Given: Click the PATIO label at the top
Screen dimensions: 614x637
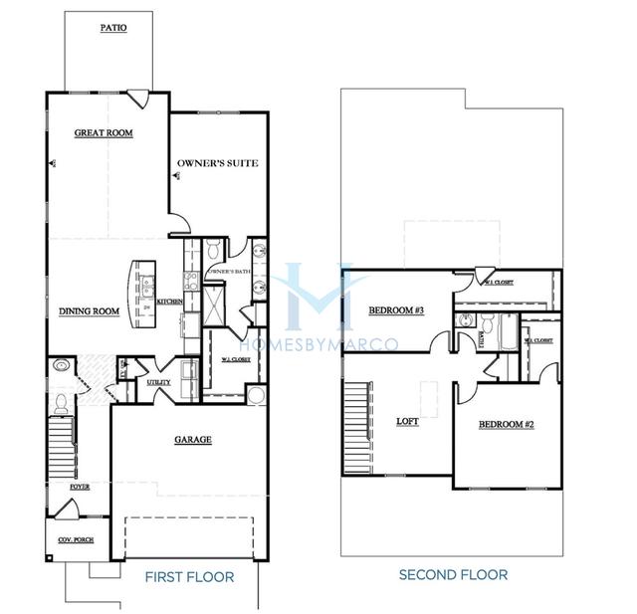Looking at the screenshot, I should pyautogui.click(x=112, y=29).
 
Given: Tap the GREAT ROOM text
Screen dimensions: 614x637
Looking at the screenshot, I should pyautogui.click(x=104, y=132).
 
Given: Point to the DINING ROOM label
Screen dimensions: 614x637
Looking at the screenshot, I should pyautogui.click(x=89, y=311).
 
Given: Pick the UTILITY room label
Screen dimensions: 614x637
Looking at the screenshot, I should pyautogui.click(x=158, y=382).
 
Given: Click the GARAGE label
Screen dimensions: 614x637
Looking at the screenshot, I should pyautogui.click(x=193, y=439).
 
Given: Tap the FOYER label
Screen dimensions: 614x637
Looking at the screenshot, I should pyautogui.click(x=80, y=488).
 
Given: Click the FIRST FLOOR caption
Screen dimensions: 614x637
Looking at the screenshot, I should pyautogui.click(x=189, y=577).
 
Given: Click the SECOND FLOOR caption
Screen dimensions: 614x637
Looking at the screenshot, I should pyautogui.click(x=453, y=575).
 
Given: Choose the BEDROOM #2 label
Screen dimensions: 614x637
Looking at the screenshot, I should pyautogui.click(x=506, y=424).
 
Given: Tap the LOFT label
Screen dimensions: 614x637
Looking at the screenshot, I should pyautogui.click(x=407, y=421).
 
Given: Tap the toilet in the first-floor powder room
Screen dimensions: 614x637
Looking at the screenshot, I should pyautogui.click(x=63, y=403).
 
